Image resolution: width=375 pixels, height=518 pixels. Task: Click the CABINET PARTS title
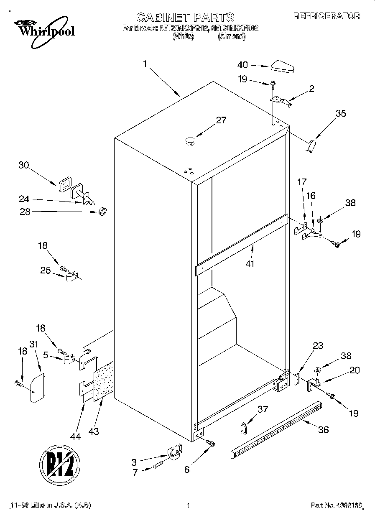[x=185, y=17]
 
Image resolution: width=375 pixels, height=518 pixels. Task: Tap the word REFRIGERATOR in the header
[x=326, y=16]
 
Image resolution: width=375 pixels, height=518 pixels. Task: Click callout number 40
[x=242, y=65]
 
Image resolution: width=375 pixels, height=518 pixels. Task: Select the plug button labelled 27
[x=190, y=140]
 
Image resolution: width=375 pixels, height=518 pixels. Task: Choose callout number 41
[x=250, y=264]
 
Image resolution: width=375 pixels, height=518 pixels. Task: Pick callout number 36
[x=323, y=429]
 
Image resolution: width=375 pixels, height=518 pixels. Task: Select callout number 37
[x=262, y=409]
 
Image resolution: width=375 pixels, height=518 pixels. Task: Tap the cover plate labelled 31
[x=38, y=388]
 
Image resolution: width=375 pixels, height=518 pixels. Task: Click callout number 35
[x=341, y=113]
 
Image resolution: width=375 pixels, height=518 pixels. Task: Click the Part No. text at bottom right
[x=336, y=505]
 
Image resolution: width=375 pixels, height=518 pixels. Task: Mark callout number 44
[x=75, y=425]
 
